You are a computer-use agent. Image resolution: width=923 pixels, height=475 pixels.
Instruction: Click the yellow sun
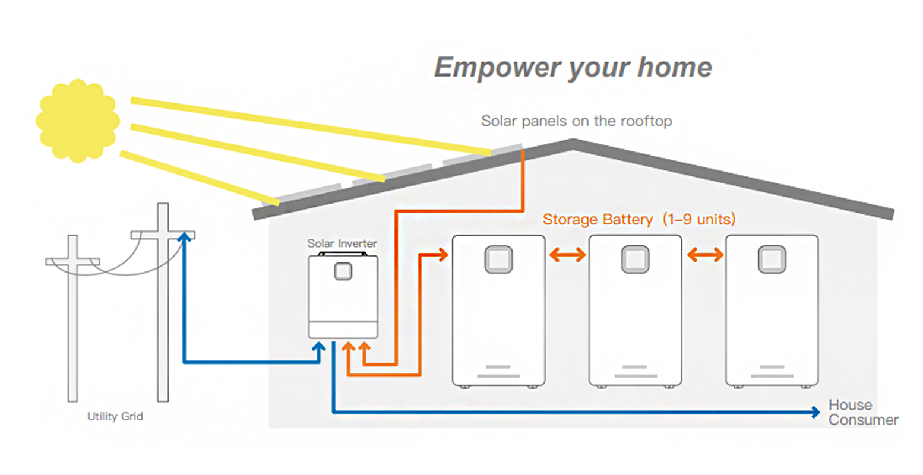(x=77, y=121)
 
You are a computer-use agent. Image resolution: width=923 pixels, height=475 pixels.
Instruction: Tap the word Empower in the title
(x=496, y=68)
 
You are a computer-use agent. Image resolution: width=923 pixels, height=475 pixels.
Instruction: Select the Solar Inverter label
(x=342, y=243)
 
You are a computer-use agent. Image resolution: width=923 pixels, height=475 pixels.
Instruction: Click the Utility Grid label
(x=115, y=416)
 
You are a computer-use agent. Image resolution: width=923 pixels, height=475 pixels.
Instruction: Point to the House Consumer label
(x=862, y=412)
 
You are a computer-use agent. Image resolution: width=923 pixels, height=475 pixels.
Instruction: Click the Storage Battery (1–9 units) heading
(x=638, y=219)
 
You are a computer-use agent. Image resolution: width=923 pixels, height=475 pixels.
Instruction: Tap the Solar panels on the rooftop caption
(x=576, y=121)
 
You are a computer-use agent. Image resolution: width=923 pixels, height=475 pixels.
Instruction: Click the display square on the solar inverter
(x=343, y=271)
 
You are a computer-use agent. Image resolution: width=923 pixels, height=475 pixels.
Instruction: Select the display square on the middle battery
(x=635, y=259)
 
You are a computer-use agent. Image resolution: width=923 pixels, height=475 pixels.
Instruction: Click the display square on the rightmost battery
(x=772, y=259)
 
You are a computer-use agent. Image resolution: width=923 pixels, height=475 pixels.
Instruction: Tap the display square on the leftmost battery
(x=498, y=259)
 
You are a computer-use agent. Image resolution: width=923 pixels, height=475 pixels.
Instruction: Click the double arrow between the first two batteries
(x=567, y=255)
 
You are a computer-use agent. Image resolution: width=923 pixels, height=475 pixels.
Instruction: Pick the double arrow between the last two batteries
(x=704, y=255)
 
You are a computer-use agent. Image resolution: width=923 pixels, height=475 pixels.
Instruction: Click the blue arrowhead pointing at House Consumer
(x=815, y=412)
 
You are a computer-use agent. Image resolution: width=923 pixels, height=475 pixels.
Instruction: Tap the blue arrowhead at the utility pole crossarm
(x=185, y=236)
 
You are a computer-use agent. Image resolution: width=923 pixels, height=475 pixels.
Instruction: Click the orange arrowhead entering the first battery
(x=442, y=255)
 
